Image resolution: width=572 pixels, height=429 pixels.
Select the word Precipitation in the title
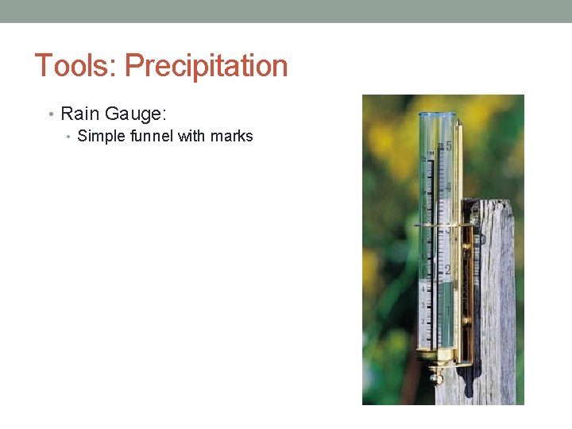click(x=206, y=66)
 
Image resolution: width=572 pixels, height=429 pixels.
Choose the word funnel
click(x=151, y=136)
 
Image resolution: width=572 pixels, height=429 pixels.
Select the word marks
click(x=231, y=136)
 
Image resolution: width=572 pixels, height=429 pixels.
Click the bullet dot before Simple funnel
click(x=69, y=137)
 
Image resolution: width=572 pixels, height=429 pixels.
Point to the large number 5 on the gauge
click(x=449, y=147)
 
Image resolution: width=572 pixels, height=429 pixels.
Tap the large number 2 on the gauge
click(x=448, y=269)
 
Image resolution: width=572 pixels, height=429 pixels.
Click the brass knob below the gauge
click(x=436, y=377)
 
